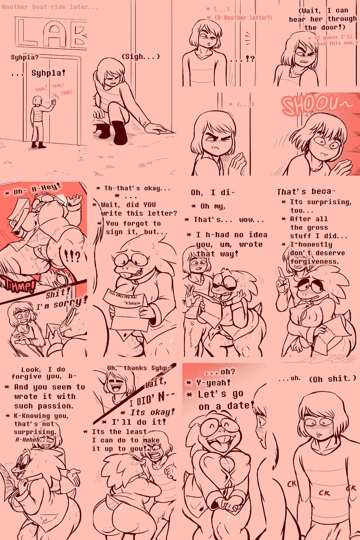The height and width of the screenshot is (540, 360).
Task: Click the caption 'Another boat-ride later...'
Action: pos(50,7)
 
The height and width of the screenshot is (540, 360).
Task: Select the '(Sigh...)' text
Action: pos(141,57)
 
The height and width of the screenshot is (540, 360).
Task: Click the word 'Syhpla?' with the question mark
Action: pos(24,57)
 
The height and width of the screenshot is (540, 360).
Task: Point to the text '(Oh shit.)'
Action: pos(332,379)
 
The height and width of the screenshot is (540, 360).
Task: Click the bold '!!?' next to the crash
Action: pos(72,257)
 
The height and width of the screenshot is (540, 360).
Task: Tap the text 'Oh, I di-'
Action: pos(213,193)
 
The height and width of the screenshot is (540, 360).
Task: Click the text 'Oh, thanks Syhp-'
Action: pos(139,368)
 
